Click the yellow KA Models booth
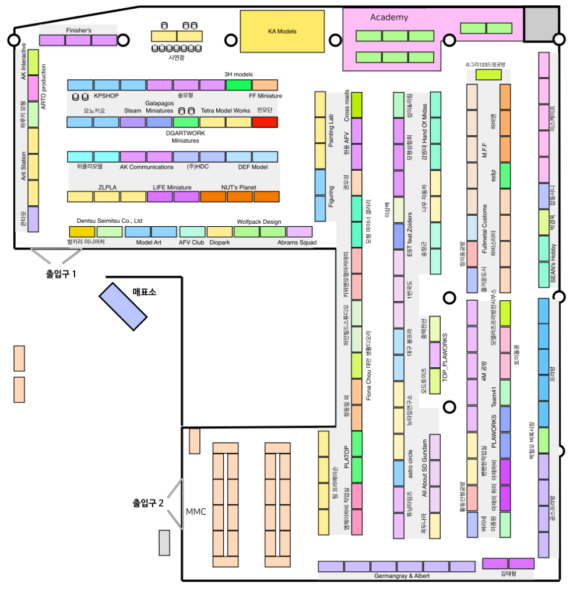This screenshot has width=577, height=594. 282,31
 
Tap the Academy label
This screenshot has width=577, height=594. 389,17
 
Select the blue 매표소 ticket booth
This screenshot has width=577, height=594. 123,307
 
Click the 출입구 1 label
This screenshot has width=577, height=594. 61,272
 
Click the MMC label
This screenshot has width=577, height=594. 196,512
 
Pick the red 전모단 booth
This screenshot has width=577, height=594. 265,122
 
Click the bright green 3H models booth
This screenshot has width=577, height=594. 238,85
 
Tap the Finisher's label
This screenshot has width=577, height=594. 79,29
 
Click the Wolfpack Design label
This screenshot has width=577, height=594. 259,222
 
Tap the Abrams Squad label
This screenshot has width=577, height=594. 297,242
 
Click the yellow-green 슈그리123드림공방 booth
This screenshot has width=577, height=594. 488,75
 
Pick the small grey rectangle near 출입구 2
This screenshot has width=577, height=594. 164,542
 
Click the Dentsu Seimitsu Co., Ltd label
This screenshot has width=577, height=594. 110,221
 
